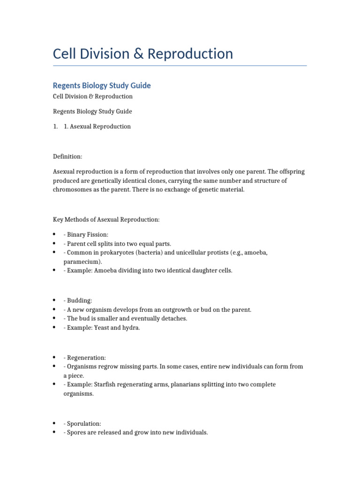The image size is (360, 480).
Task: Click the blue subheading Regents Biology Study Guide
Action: pos(102,85)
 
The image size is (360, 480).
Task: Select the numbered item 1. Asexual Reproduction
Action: pos(97,127)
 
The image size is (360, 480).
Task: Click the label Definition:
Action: pos(67,157)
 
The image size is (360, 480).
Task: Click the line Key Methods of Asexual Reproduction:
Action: pos(106,220)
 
